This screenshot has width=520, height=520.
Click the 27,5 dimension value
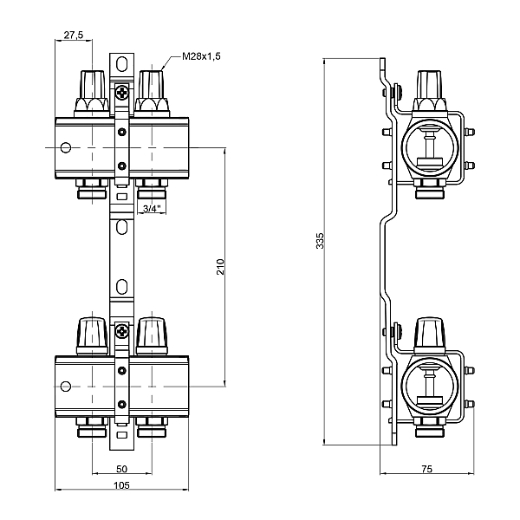pos(74,35)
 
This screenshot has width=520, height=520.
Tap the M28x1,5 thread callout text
pos(201,56)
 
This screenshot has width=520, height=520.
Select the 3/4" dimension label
pos(152,209)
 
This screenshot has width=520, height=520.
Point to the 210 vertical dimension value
pos(220,267)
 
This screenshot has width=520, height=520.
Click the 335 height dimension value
pos(320,241)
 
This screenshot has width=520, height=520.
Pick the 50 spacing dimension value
pos(121,469)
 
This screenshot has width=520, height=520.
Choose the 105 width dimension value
pos(121,485)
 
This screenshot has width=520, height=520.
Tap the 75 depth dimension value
pos(426,469)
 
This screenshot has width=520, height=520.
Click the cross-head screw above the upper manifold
pos(122,92)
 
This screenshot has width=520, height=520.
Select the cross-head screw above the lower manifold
pos(122,331)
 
